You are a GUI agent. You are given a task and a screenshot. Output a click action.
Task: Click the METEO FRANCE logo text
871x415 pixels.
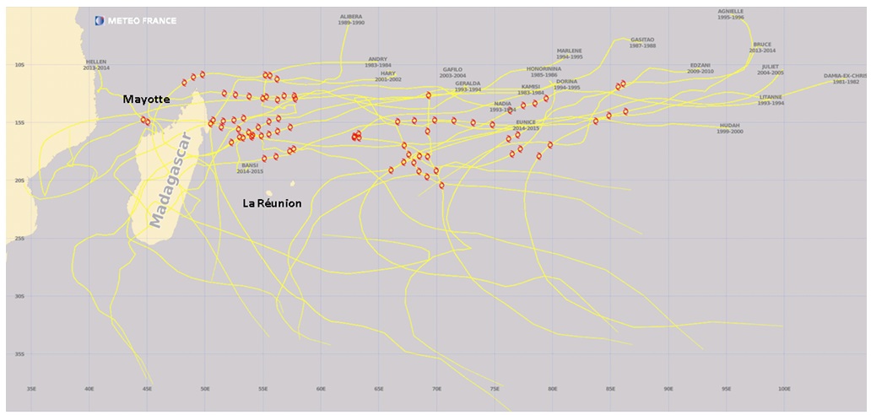click(x=141, y=20)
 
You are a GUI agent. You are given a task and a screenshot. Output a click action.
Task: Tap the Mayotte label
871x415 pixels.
click(x=147, y=100)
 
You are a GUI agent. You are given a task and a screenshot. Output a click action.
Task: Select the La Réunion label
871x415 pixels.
click(x=272, y=203)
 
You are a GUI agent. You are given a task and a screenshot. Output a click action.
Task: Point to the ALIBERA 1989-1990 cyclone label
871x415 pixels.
click(x=350, y=19)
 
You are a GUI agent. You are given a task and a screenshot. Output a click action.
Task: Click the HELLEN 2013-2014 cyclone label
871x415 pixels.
click(x=97, y=64)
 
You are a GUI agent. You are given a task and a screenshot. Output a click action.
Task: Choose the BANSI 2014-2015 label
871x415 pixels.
click(x=251, y=168)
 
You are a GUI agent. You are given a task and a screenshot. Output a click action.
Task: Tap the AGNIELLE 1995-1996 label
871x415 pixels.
click(x=731, y=14)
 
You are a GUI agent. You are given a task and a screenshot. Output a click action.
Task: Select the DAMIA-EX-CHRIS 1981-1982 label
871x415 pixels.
click(x=846, y=78)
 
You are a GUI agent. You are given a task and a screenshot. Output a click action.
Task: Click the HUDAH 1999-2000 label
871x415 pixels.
click(x=730, y=128)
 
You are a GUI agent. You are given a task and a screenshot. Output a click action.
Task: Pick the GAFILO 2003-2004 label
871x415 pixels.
click(x=453, y=73)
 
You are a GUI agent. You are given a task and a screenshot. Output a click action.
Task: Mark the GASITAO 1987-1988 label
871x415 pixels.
click(x=642, y=42)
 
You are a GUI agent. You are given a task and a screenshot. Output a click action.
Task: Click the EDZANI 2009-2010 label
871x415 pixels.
click(x=701, y=68)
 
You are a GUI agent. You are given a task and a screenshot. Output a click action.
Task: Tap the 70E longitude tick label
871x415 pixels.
click(x=436, y=389)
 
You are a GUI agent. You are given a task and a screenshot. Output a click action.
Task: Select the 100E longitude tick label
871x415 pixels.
click(x=783, y=389)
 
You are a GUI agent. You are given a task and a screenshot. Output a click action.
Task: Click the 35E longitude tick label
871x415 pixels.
click(x=32, y=389)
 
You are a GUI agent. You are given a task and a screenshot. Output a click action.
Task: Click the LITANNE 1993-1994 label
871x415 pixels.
click(x=771, y=100)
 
